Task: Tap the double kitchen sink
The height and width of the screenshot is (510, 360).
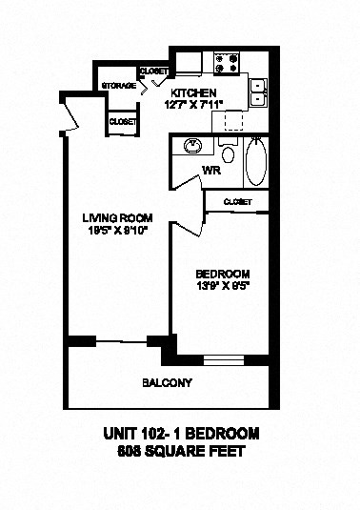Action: click(258, 92)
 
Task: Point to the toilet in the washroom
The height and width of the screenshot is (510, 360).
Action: click(227, 153)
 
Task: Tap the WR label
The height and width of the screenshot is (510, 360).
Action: click(210, 172)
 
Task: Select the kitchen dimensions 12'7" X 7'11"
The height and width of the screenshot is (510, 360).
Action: click(192, 104)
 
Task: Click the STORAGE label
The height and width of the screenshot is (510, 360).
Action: click(118, 87)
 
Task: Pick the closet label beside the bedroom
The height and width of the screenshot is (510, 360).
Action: click(238, 201)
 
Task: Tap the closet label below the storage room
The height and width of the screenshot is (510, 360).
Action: click(122, 121)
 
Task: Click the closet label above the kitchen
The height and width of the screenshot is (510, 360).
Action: click(154, 71)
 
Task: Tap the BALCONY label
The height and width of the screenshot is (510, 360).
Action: click(168, 383)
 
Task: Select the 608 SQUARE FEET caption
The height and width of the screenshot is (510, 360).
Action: click(181, 452)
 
